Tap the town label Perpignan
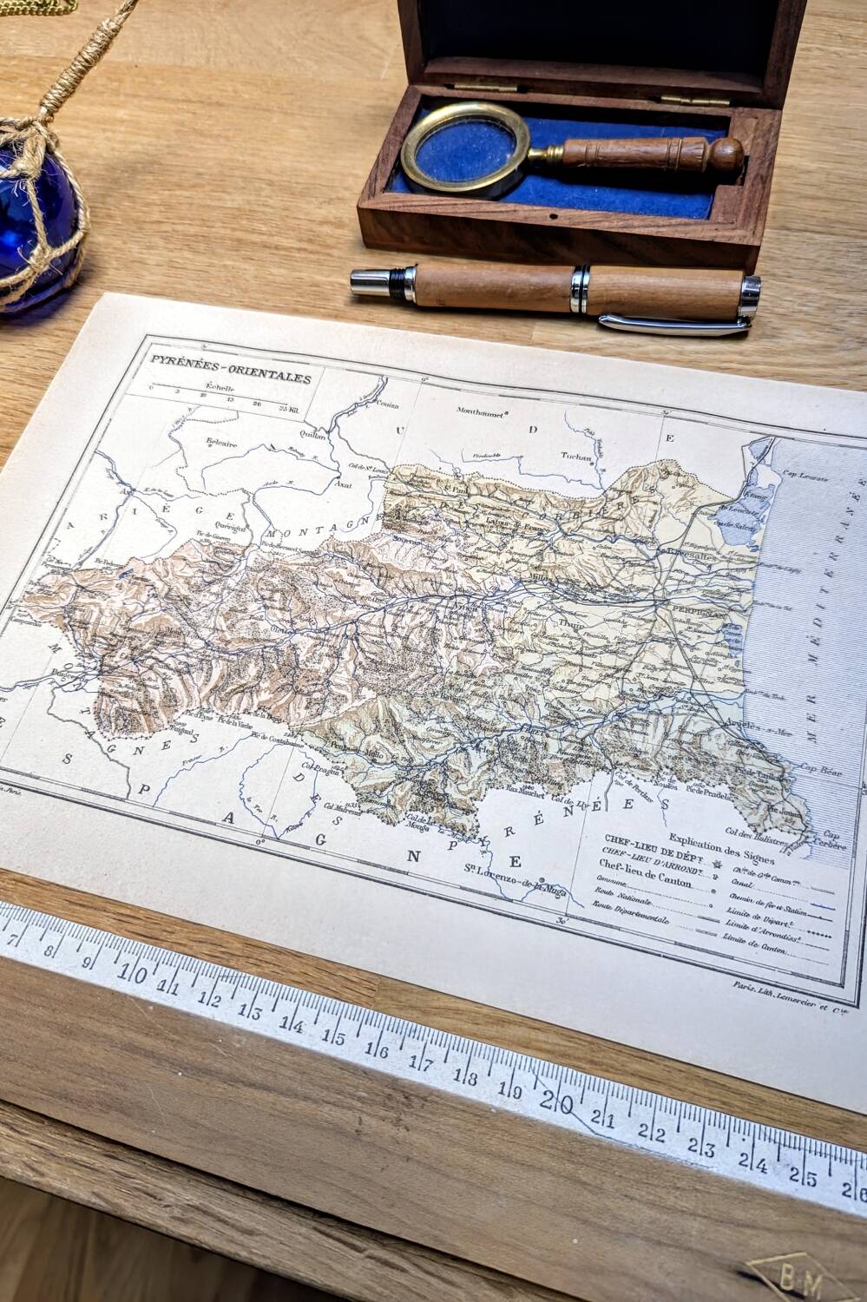pos(699,611)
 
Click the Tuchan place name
pos(575,457)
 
